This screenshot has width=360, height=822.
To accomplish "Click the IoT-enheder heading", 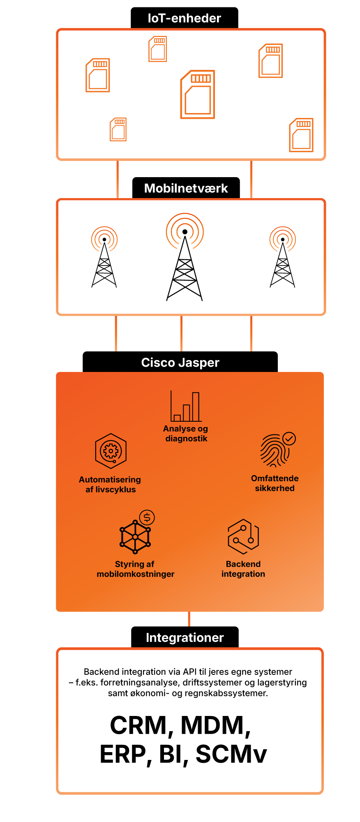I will pos(184,18).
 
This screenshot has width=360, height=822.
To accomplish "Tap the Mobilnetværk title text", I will pos(186,188).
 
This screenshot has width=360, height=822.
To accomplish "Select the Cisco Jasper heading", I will pos(180,363).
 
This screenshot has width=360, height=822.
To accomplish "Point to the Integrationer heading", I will pos(185,637).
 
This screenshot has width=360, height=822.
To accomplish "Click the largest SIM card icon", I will pos(198,95).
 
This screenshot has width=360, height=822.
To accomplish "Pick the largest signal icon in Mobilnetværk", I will pos(185,231).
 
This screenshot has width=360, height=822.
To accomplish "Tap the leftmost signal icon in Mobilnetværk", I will pos(104,239).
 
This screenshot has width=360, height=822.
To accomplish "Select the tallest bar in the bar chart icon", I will pos(196,406).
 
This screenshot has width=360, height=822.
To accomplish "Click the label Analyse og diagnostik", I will pos(186,434).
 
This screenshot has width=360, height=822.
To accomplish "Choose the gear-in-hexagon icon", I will pos(111,451).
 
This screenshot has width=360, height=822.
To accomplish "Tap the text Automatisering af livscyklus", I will pos(110,485).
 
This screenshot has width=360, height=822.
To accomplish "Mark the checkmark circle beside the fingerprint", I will pos(289,439).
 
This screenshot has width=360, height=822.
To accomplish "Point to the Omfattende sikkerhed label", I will pos(275,483).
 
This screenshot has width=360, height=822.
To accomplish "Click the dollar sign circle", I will pos(147,517).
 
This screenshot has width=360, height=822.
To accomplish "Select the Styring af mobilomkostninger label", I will pos(135,569).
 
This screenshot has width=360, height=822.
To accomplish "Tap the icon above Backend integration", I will pos(243,536).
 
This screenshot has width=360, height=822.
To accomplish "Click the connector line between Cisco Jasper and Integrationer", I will pos(189,619).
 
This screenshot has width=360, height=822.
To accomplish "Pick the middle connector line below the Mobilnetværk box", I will pos(181,333).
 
